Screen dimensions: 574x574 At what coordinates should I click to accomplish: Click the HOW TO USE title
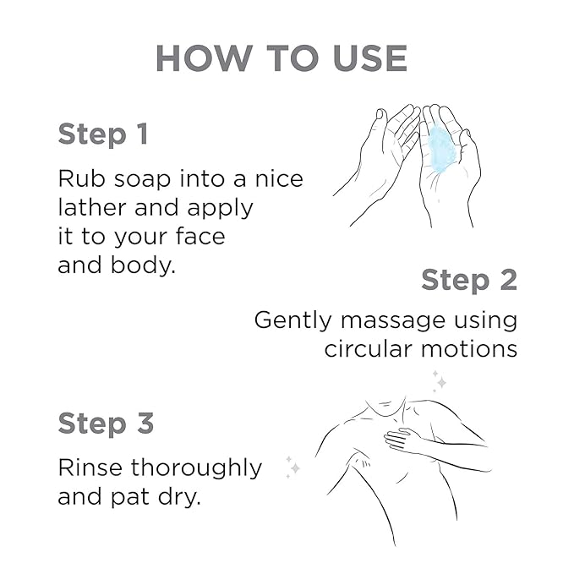click(282, 58)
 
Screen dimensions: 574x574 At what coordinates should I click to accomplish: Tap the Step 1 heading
click(103, 134)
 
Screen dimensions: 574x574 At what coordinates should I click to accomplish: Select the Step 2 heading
click(469, 281)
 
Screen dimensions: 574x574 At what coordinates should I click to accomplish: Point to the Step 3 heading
click(106, 424)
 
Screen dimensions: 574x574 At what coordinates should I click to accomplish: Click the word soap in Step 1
click(142, 180)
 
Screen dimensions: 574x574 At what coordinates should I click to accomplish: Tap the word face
click(200, 236)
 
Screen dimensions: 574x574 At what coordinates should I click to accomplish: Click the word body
click(143, 265)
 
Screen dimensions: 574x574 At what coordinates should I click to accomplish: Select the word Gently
click(292, 321)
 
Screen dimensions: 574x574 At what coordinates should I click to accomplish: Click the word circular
click(369, 349)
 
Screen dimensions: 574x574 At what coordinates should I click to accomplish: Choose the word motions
click(469, 349)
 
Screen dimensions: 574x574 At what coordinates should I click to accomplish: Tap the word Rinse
click(90, 467)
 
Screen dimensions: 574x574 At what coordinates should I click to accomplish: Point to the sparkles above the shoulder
click(440, 380)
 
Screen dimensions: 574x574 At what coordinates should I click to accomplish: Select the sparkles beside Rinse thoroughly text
click(292, 467)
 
